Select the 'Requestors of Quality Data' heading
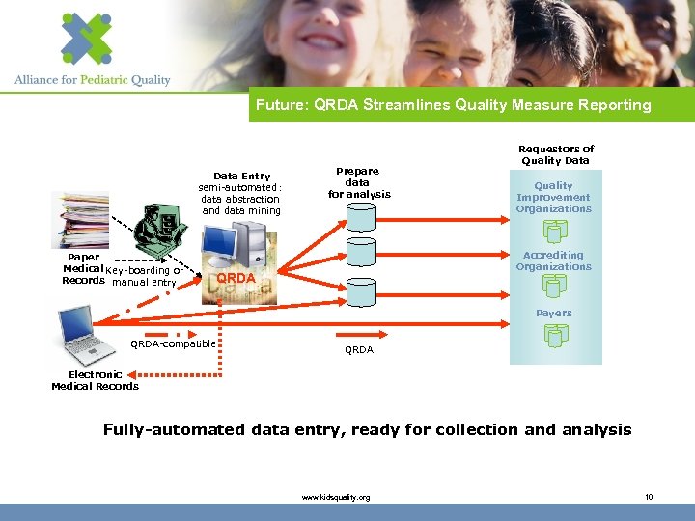[556, 154]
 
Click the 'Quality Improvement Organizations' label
[553, 197]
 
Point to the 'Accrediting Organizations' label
[553, 260]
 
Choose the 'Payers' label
[554, 313]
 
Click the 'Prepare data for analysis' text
[359, 182]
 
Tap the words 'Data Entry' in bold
[241, 176]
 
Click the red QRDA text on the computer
[236, 279]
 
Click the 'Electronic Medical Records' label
[95, 380]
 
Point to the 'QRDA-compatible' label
[174, 343]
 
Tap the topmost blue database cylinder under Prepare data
[361, 218]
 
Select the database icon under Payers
[555, 335]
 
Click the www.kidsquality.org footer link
[336, 497]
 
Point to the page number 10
[649, 497]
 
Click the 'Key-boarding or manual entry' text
[145, 276]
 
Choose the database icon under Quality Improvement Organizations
[555, 231]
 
